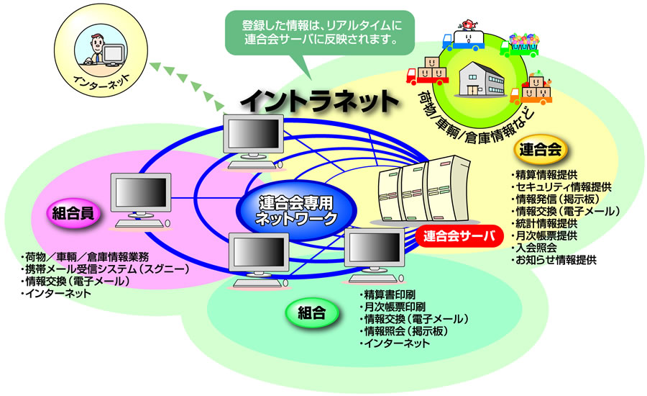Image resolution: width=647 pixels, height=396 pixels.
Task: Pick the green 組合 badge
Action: point(311,312)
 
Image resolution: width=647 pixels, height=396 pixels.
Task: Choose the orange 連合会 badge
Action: point(542,150)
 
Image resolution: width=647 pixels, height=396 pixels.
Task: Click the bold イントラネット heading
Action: point(318,100)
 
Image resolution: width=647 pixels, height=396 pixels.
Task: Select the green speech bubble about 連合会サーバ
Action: point(315,32)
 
